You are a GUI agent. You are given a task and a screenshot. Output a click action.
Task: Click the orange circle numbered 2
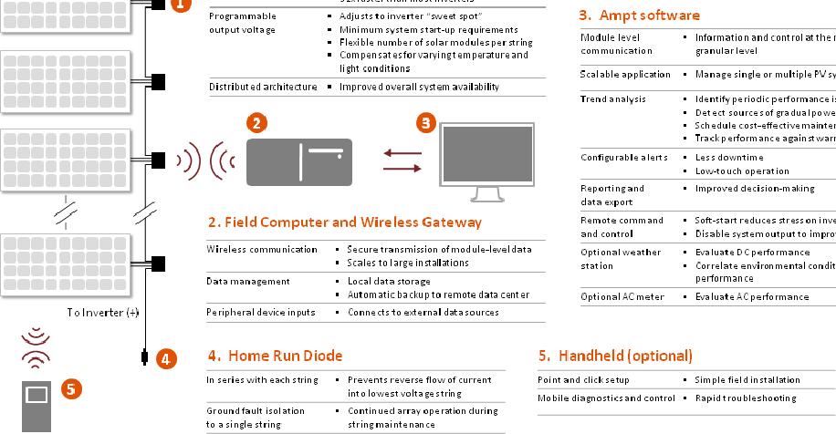point(258,121)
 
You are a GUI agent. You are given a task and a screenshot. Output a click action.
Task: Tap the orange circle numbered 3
point(425,122)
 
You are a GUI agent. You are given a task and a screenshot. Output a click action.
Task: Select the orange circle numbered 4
point(164,358)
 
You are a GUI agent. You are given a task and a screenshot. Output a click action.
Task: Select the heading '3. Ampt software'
point(640,15)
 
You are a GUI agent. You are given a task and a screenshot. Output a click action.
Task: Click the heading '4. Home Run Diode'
point(275,356)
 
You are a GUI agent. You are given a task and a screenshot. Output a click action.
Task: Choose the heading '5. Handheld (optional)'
point(616,356)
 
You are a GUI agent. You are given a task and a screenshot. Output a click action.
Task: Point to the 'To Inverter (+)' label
point(103,312)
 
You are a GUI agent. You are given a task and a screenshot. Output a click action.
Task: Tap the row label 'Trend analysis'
point(613,98)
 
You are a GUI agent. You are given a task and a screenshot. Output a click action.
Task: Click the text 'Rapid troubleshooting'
point(745,398)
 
